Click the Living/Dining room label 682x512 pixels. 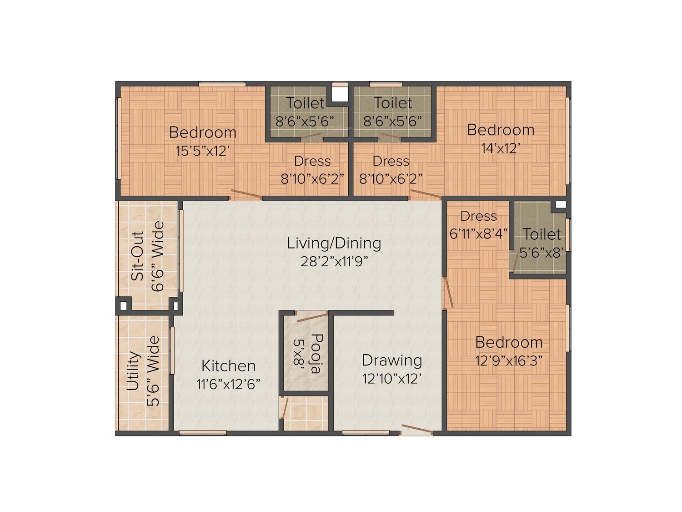[x=334, y=243]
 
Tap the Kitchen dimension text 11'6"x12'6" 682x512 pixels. [x=228, y=385]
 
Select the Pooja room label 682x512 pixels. [x=317, y=354]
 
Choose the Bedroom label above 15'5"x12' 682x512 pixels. [x=203, y=133]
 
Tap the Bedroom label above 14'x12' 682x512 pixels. [x=501, y=130]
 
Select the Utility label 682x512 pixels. [x=134, y=370]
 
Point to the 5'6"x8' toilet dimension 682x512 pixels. [x=542, y=253]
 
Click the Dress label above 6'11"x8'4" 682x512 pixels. [x=478, y=216]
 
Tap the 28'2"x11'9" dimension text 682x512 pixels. [x=334, y=262]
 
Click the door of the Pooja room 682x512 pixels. [x=312, y=317]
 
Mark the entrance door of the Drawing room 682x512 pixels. [x=416, y=429]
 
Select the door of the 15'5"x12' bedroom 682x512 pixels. [x=246, y=194]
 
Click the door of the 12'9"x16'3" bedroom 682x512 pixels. [x=447, y=293]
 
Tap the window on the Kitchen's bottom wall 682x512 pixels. [x=203, y=433]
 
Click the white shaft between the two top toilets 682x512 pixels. [x=340, y=94]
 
